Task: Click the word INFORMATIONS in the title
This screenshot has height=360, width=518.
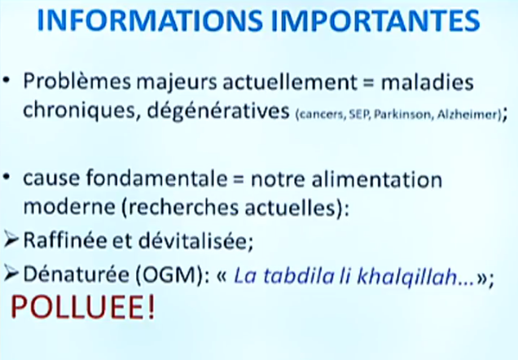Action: (x=150, y=20)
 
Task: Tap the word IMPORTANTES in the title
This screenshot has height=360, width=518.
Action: (x=375, y=20)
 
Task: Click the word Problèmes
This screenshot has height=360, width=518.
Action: (x=77, y=81)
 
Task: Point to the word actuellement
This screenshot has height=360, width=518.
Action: (x=290, y=81)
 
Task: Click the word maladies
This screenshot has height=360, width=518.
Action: (x=428, y=81)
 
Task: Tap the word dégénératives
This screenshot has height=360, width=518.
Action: (x=218, y=111)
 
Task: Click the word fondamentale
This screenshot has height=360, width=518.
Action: (x=157, y=178)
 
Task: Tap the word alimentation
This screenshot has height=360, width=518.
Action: (x=376, y=178)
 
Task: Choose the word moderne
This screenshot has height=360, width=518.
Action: (x=70, y=208)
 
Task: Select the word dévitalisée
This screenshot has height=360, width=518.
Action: (x=194, y=240)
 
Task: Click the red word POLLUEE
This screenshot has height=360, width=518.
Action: (x=82, y=307)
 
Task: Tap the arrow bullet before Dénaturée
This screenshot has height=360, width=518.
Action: (x=11, y=274)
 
